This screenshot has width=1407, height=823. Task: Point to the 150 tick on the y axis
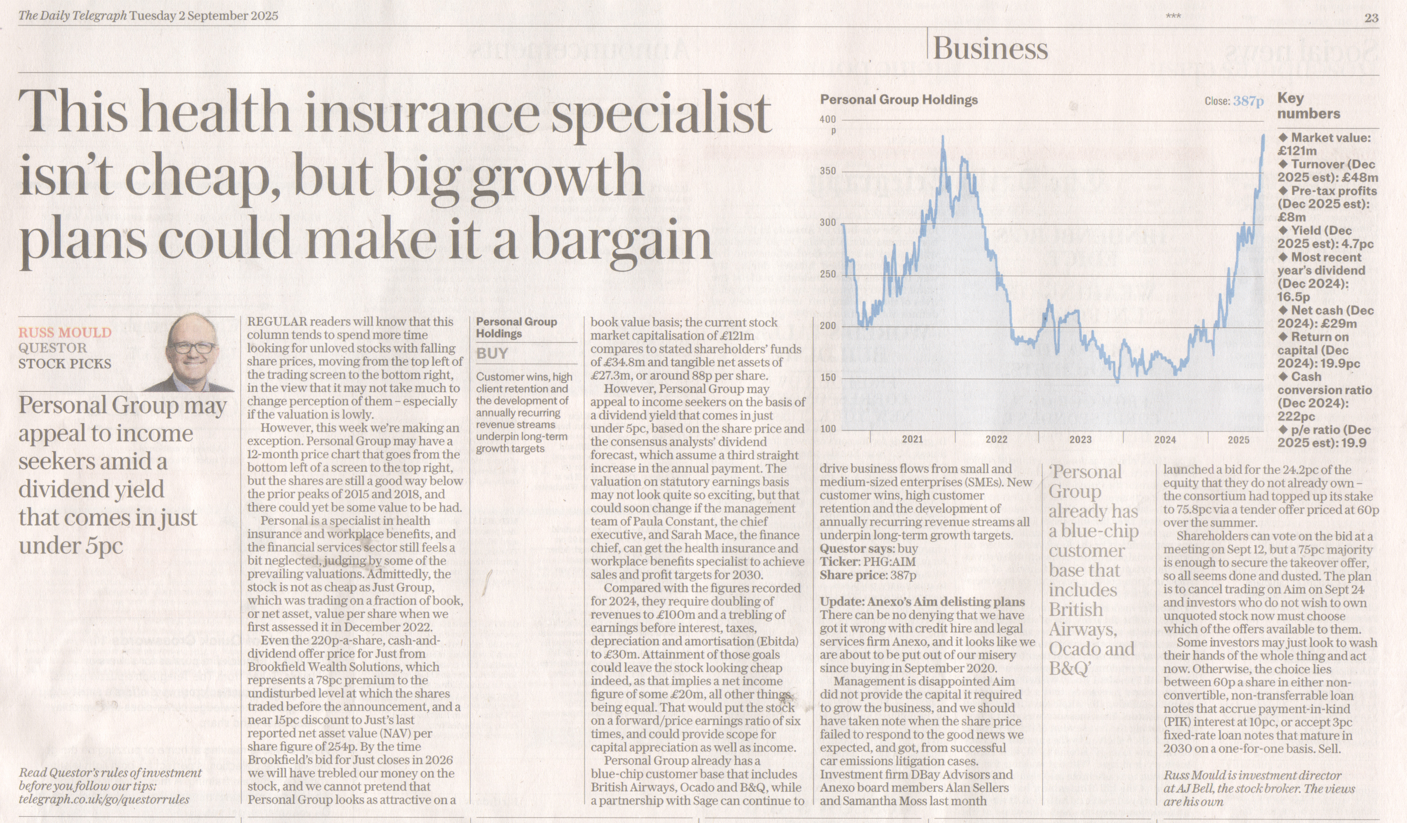827,378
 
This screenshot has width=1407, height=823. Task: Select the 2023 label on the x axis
1080,439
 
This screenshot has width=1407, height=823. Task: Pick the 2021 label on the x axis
912,439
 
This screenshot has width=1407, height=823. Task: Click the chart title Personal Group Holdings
898,100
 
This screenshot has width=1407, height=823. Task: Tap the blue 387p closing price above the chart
1248,101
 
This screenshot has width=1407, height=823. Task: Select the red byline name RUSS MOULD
65,333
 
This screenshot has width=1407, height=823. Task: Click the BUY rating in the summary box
492,353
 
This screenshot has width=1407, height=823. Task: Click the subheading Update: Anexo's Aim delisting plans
922,602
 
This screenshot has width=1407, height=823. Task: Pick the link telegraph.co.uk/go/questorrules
104,800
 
